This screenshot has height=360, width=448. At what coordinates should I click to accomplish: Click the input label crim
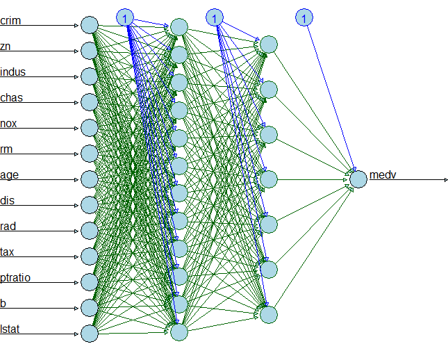pos(10,21)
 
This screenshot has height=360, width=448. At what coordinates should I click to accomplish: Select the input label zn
pos(6,47)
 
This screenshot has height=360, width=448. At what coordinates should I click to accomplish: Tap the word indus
pos(13,72)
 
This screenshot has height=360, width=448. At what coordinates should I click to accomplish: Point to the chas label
pos(11,97)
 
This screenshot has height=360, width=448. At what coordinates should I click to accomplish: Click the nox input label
pos(8,124)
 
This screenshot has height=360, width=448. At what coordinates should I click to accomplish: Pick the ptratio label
pos(15,278)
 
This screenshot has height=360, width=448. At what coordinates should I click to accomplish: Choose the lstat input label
pos(10,329)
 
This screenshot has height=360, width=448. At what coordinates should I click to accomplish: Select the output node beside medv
pos(358,179)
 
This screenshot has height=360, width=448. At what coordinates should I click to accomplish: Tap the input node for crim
pos(89,25)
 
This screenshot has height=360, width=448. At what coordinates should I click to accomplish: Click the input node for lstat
pos(89,334)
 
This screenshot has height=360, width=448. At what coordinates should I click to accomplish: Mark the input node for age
pos(89,179)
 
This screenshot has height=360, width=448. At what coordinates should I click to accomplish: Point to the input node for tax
pos(89,256)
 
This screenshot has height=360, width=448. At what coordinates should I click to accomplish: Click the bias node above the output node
pos(304,17)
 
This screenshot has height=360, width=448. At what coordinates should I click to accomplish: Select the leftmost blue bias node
pos(125,17)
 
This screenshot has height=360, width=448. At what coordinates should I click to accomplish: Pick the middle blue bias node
pos(215,17)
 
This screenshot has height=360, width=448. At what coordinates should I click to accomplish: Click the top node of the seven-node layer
pos(269,45)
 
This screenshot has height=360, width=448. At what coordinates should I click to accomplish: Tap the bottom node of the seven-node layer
pos(269,314)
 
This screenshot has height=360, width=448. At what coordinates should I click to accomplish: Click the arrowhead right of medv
pos(445,179)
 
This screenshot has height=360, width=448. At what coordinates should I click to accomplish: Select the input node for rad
pos(89,230)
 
